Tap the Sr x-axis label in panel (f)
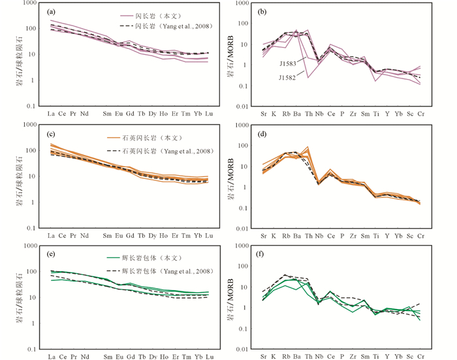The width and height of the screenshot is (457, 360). pyautogui.click(x=263, y=357)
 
